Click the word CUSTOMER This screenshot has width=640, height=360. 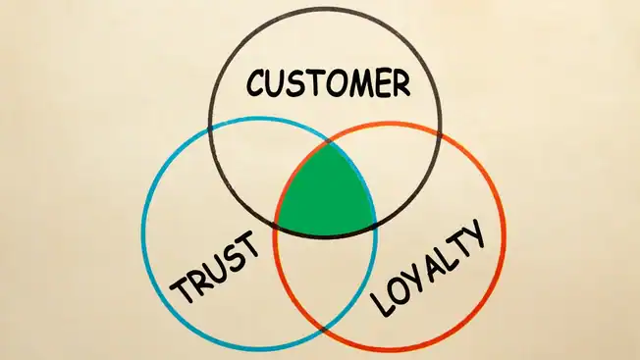tap(327, 83)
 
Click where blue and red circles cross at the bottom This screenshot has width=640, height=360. tap(326, 324)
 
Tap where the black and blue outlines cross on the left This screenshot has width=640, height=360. tap(209, 129)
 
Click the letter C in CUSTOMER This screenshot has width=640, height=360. tap(257, 84)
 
